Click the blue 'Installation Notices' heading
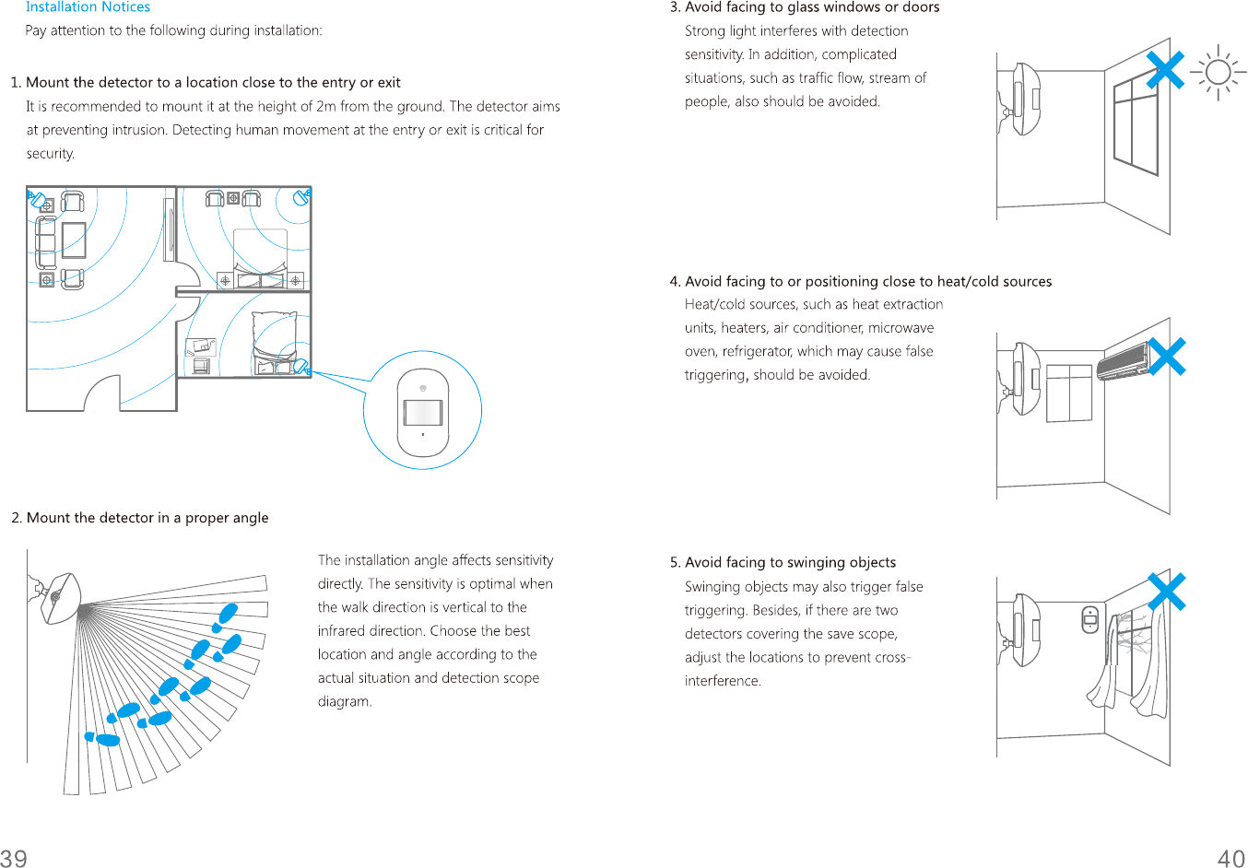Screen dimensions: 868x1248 click(x=88, y=7)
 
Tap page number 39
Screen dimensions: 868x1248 click(x=14, y=858)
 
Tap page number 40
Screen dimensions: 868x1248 click(x=1231, y=858)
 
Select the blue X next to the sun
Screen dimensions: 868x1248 click(x=1165, y=70)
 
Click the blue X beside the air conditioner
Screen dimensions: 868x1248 click(x=1167, y=357)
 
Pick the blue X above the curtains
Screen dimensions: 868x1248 click(x=1167, y=592)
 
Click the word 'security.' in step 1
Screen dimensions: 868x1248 click(x=51, y=154)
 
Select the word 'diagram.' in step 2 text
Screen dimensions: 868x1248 click(x=345, y=701)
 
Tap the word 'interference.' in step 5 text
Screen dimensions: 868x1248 click(x=723, y=681)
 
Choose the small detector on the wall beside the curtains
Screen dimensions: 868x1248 click(x=1089, y=619)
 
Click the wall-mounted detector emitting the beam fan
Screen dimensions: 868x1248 click(x=58, y=597)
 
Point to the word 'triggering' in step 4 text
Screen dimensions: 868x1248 click(x=714, y=375)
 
